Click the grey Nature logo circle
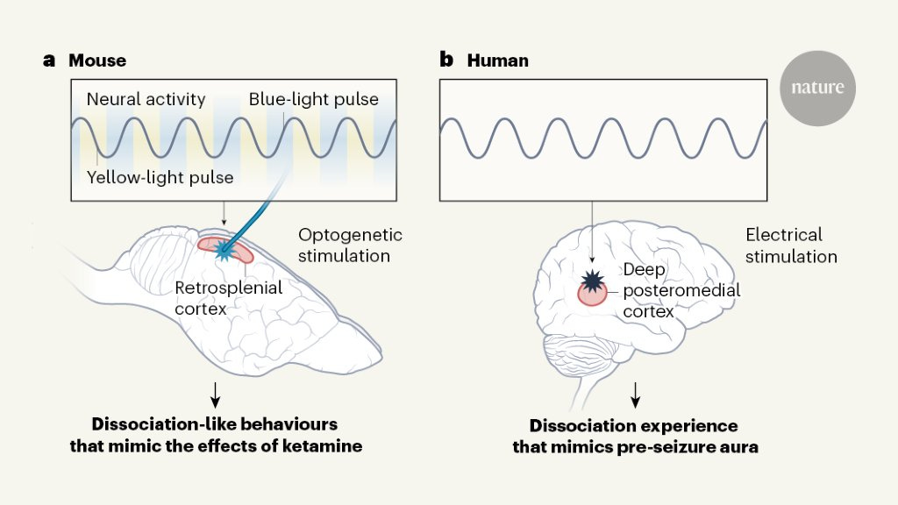point(817,88)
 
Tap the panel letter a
point(49,60)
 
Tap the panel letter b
point(446,60)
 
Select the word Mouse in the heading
point(97,61)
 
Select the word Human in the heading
point(498,61)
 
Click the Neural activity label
point(146,99)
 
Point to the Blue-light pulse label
point(313,99)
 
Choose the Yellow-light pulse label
point(160,178)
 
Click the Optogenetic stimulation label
point(350,245)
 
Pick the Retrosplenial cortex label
point(228,298)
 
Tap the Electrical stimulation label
point(790,245)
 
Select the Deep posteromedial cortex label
point(681,289)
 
